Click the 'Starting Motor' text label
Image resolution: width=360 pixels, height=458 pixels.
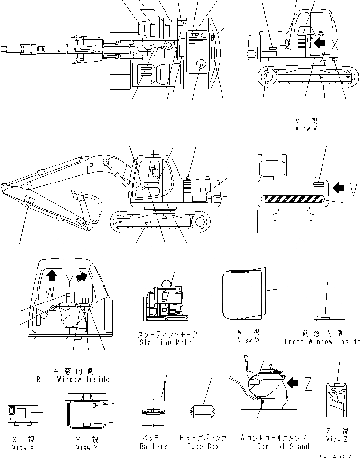165,342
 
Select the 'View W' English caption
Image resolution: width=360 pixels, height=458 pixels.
249,340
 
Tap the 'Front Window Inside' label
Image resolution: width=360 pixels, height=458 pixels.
322,341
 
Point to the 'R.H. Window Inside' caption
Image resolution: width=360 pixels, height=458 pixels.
73,379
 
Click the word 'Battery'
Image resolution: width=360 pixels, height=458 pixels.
154,446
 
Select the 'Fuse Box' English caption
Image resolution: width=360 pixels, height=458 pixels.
203,446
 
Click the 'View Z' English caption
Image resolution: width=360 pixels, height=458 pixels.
337,439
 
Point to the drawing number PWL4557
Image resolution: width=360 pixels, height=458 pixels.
338,455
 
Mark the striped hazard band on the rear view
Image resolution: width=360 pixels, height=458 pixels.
295,201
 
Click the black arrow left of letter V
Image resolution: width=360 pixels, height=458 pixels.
339,188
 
